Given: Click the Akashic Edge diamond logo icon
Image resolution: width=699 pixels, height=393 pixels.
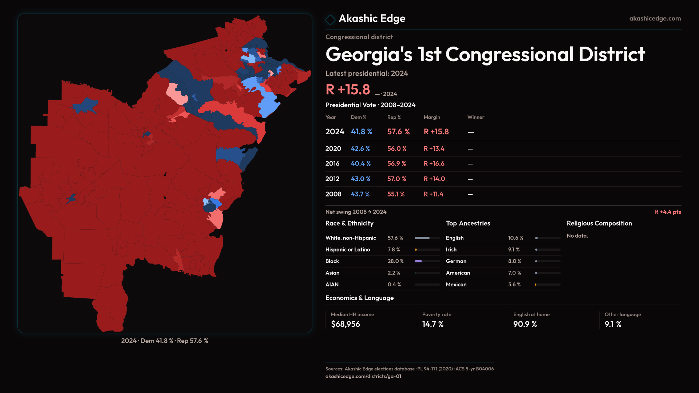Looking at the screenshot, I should point(330,20).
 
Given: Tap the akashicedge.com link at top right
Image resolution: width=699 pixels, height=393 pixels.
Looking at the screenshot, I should point(655,19).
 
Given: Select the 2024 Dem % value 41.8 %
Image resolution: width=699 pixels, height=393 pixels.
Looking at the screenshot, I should point(361,132).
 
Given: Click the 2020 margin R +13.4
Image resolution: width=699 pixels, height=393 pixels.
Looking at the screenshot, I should point(434,149).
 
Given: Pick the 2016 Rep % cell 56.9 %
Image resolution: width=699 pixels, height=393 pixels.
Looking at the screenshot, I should point(396,164).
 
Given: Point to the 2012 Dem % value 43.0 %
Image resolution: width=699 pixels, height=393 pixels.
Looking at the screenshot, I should point(360,179).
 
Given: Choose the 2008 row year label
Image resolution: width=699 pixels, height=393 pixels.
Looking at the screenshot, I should point(333,194).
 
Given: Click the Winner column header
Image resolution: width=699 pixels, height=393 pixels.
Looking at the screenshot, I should point(475,117).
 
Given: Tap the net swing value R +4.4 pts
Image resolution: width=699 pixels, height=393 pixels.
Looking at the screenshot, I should point(668,212).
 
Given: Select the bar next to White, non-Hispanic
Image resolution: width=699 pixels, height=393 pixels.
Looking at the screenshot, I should point(427,238).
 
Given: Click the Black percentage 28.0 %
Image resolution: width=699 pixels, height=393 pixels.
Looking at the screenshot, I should point(395,261).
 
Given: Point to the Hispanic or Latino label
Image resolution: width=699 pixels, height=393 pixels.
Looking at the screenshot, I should point(348,250).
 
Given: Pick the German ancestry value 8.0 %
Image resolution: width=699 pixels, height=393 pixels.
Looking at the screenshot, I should point(514,261).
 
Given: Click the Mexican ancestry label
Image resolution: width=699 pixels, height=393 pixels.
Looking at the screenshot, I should point(456,285).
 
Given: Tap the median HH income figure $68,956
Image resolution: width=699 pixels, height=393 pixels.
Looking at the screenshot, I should point(345,324).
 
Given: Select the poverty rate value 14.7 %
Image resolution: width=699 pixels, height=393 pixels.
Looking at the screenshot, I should point(433,324).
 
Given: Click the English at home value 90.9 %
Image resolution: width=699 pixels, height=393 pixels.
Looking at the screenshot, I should point(525,324).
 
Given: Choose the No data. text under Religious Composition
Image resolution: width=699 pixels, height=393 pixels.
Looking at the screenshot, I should point(577,236).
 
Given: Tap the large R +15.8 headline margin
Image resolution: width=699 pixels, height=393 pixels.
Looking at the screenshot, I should point(348,90).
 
